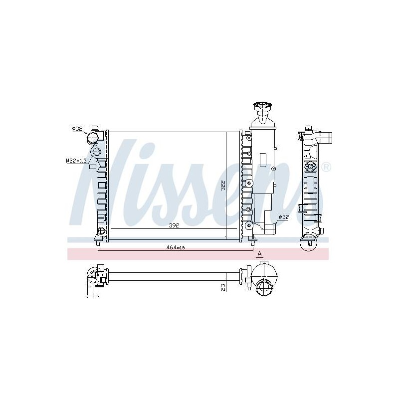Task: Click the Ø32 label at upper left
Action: [x=77, y=129]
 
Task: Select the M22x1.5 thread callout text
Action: [x=76, y=161]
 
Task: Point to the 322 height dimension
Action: [x=223, y=186]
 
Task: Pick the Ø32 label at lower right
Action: [x=283, y=217]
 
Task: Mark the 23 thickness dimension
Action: [x=223, y=288]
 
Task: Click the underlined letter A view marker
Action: [x=259, y=254]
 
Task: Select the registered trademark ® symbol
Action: [x=326, y=167]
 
